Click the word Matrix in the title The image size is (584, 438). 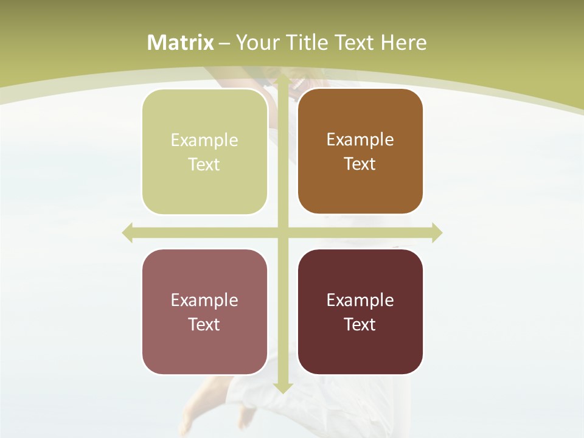pos(181,43)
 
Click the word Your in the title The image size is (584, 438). pos(257,43)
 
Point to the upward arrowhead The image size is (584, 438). pos(282,80)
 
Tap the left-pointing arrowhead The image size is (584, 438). pos(128,233)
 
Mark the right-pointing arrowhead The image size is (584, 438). pos(437,233)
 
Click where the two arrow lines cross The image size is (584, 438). pos(282,233)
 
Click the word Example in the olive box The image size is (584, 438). pos(204,141)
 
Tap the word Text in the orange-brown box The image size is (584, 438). pos(360,164)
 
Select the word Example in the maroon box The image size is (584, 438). pos(360,300)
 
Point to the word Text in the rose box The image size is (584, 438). pos(204,324)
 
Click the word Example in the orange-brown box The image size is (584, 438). pos(360,140)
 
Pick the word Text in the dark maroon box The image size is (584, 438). pos(360,324)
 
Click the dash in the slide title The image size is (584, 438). pos(224,43)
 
